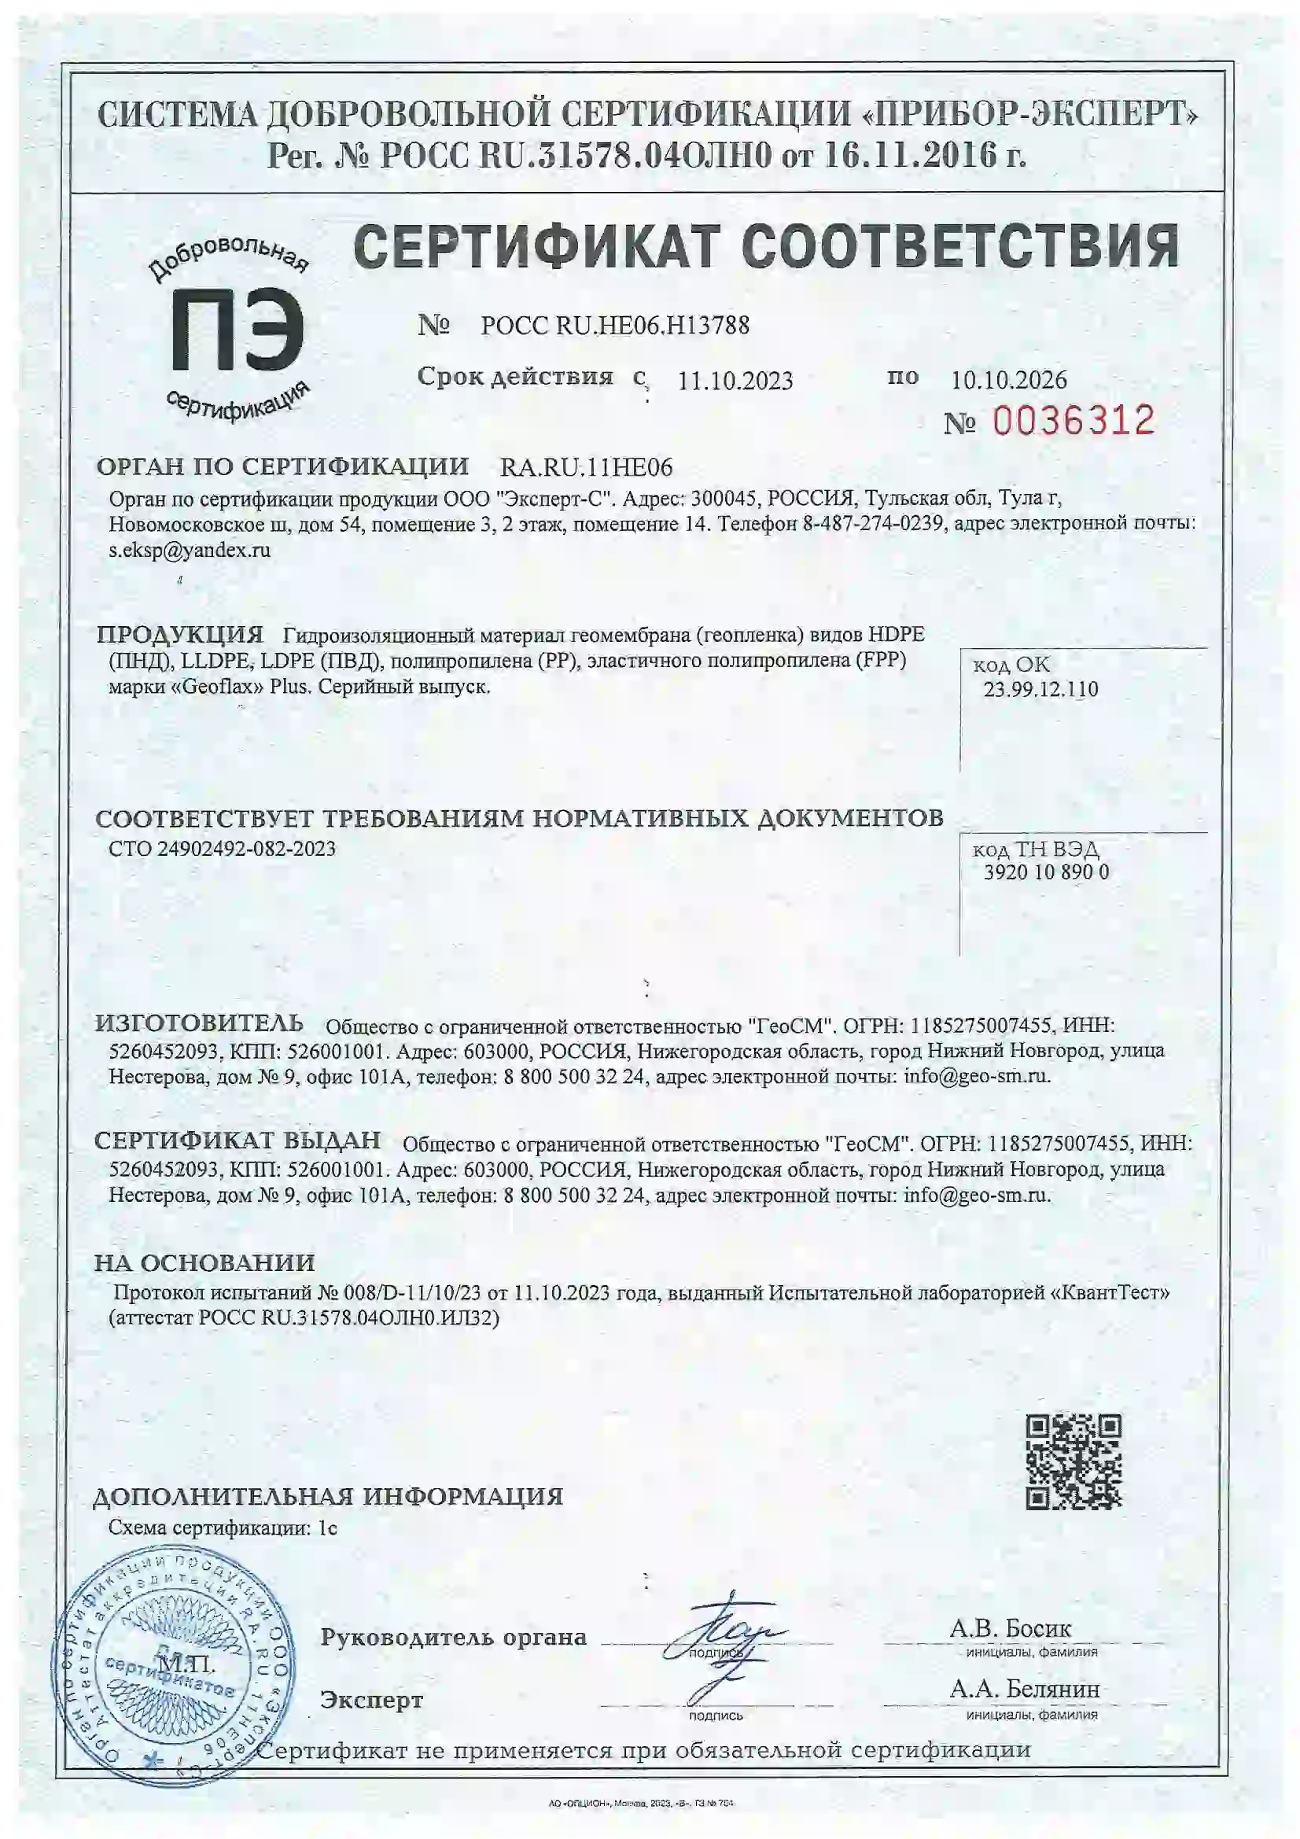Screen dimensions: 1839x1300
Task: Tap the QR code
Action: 1074,1462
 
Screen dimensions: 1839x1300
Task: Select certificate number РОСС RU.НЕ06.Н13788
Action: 614,325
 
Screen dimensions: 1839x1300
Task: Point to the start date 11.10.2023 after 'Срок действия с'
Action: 735,381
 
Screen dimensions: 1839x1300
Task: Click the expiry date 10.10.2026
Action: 1008,379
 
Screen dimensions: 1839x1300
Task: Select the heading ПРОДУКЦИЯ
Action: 179,636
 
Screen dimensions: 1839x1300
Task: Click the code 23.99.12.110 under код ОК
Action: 1040,689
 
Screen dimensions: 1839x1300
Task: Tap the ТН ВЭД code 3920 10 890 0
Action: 1045,872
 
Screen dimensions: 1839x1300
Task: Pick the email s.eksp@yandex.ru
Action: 189,551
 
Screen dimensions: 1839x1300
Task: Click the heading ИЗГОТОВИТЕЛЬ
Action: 199,1023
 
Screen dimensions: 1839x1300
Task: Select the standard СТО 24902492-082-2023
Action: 222,848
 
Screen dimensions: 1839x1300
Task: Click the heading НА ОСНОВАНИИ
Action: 204,1263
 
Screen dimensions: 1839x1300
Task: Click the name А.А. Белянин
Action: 1024,1689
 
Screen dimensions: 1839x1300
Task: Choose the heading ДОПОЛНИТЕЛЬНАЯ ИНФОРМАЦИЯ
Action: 328,1496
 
